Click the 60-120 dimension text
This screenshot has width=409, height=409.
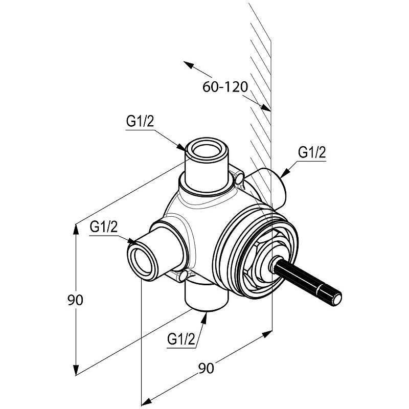[225, 87]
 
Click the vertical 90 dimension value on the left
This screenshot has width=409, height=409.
[75, 300]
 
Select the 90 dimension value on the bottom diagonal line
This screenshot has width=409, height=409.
[206, 368]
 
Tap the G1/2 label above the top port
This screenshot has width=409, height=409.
[140, 121]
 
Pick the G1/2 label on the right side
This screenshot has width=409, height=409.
[312, 153]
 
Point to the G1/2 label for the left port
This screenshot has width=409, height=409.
[104, 227]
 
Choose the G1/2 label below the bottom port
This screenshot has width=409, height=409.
[181, 339]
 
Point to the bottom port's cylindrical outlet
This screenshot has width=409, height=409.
[207, 296]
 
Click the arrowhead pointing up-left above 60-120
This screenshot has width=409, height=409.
[189, 65]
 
